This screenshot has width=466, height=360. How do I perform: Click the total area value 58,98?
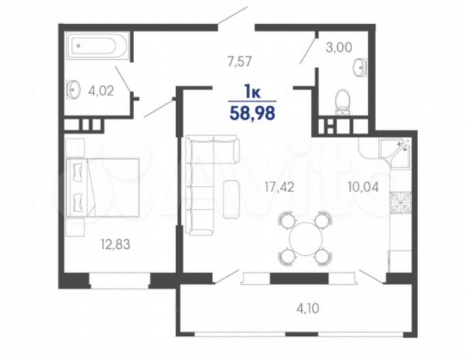click(252, 113)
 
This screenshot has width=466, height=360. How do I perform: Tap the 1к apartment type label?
click(252, 91)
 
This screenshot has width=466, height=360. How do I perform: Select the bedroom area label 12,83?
click(115, 244)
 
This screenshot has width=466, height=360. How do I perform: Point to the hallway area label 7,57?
click(240, 61)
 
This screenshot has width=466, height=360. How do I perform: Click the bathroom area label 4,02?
click(101, 91)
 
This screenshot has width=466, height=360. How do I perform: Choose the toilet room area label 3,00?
click(339, 47)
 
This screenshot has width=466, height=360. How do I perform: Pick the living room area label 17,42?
click(279, 187)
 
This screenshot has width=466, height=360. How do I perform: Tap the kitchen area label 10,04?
click(363, 187)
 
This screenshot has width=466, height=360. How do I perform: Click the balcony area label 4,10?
click(308, 308)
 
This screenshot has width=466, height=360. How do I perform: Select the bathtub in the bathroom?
click(97, 46)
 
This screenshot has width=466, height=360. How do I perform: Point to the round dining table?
click(306, 238)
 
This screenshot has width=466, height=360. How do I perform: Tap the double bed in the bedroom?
click(103, 187)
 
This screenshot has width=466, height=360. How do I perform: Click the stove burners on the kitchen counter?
click(401, 202)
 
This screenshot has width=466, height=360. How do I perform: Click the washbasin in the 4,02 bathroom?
click(73, 89)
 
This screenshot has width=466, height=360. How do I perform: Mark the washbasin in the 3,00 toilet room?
click(360, 67)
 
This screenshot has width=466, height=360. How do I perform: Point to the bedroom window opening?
click(120, 280)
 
